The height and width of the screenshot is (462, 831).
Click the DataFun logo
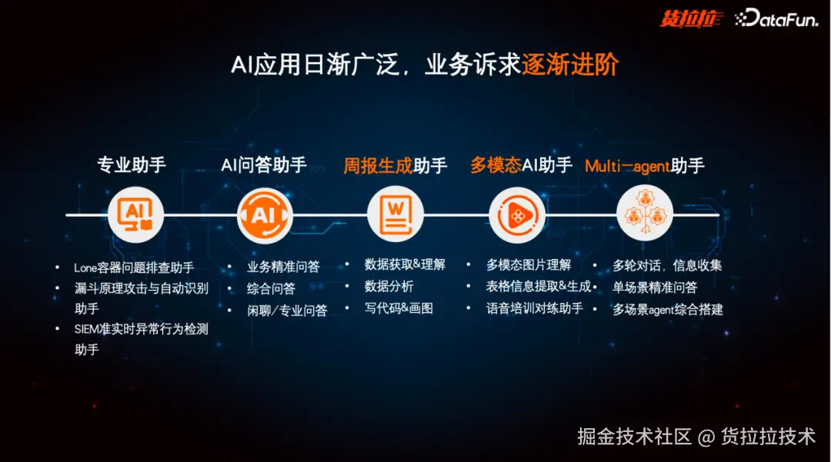point(776,18)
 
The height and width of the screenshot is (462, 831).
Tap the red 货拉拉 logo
point(691,19)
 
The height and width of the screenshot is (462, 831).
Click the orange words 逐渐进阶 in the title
point(570,65)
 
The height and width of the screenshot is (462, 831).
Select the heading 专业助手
point(132,165)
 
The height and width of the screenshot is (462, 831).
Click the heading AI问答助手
point(263,165)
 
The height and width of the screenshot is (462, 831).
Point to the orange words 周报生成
point(378,165)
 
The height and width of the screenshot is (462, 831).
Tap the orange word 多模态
point(496,165)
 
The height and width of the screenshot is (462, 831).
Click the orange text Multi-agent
point(628,166)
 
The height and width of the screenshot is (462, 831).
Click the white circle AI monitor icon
point(135,215)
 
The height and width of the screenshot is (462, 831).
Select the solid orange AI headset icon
point(265,215)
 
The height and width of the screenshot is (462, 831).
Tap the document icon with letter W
point(395,215)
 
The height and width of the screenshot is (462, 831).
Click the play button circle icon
point(517,215)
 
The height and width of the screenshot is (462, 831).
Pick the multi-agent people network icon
point(645,213)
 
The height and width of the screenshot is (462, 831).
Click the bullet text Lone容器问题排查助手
point(134,268)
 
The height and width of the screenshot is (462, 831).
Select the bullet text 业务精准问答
point(283,267)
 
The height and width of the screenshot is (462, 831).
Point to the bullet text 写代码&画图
point(399,308)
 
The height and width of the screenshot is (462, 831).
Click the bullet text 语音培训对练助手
point(535,308)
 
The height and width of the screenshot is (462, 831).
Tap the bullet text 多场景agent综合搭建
point(668,310)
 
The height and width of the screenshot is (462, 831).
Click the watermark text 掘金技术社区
point(634,437)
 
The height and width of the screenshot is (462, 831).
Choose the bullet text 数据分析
point(389,286)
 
